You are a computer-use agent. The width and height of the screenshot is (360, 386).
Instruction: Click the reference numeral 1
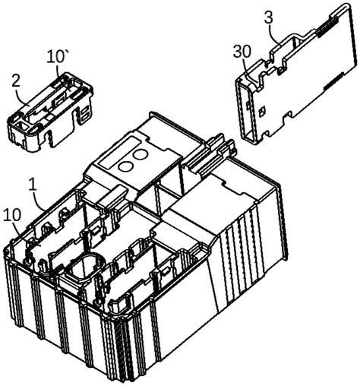pyautogui.click(x=33, y=185)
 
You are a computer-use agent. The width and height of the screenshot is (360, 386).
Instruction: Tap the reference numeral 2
pyautogui.click(x=16, y=82)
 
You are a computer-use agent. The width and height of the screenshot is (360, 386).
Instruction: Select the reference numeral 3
pyautogui.click(x=269, y=17)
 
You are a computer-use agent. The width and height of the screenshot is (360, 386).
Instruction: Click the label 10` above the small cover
pyautogui.click(x=55, y=57)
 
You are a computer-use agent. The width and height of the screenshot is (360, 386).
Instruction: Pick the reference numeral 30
pyautogui.click(x=242, y=52)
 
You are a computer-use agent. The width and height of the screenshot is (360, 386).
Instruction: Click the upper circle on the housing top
pyautogui.click(x=140, y=154)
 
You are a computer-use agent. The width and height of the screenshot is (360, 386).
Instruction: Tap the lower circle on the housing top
pyautogui.click(x=126, y=166)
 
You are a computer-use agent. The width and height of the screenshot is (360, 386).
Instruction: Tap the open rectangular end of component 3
pyautogui.click(x=246, y=112)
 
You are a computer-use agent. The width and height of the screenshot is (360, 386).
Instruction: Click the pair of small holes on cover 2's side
pyautogui.click(x=84, y=113)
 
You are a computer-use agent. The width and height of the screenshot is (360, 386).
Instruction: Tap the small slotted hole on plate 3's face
pyautogui.click(x=262, y=111)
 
